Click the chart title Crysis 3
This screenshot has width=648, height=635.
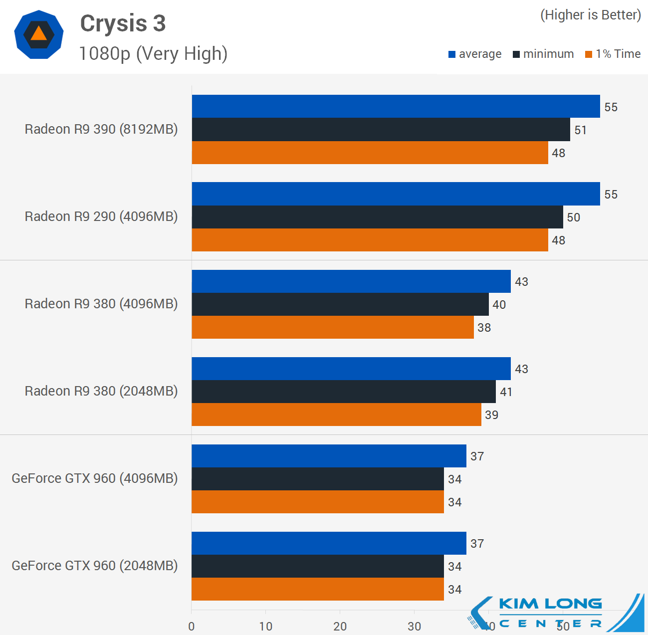coord(123,23)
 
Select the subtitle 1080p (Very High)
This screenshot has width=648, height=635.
coord(153,53)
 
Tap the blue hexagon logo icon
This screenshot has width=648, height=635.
coord(39,34)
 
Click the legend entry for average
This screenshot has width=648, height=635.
coord(475,54)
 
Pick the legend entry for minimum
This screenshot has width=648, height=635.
coord(543,54)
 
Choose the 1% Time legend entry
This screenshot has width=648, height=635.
coord(613,54)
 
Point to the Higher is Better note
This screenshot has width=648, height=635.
coord(591,15)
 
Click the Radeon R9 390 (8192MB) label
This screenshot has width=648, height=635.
coord(101,129)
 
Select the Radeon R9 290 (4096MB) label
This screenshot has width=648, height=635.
coord(101,216)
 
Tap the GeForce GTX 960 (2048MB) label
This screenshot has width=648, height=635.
coord(95,566)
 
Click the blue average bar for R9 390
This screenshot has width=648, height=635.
coord(396,106)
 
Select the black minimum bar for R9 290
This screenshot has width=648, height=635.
coord(377,217)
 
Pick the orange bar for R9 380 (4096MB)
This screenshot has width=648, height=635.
coord(333,327)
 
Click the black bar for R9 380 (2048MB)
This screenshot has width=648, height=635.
coord(344,392)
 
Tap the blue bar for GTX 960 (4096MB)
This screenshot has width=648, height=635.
coord(329,456)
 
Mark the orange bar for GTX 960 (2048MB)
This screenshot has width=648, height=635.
coord(318,589)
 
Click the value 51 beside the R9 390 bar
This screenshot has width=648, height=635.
coord(580,130)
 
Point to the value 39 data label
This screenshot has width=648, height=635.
coord(491,415)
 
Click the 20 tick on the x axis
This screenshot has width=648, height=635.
coord(340,627)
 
